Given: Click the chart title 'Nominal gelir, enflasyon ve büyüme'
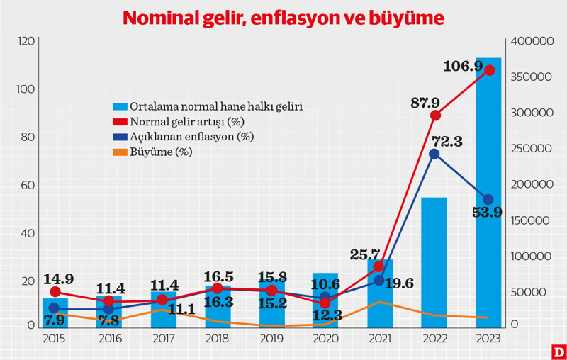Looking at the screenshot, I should pos(283,18).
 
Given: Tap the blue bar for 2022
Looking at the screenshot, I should pos(434,262).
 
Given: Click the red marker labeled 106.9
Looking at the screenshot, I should pos(488,70).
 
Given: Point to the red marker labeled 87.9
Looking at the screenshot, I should pos(435,116).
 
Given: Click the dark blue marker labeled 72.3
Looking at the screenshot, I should pos(434,154).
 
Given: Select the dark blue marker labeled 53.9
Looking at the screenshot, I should pos(488,200).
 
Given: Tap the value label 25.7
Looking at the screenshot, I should pos(366,254).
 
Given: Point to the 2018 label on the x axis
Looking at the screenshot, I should pos(217,339).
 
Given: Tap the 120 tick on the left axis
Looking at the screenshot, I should pos(26,42).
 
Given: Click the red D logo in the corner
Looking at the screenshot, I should pos(558,351).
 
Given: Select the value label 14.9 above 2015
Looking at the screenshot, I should pos(59,279).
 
